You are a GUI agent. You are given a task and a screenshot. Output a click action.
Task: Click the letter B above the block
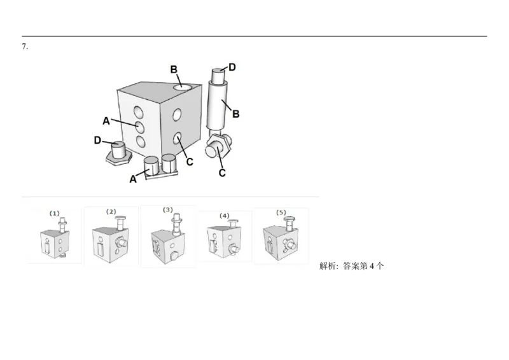[172, 69]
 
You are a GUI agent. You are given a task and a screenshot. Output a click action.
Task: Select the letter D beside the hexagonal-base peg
[97, 139]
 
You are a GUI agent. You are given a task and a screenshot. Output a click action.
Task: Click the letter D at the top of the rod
[232, 67]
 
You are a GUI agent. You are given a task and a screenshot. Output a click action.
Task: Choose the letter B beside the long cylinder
[235, 114]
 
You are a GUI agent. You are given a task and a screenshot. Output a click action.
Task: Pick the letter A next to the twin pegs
[134, 179]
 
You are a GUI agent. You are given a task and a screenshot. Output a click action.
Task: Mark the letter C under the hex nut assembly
[223, 172]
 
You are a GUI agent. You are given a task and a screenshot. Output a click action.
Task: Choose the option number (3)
[167, 209]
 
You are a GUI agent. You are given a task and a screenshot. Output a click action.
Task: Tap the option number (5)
[281, 211]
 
